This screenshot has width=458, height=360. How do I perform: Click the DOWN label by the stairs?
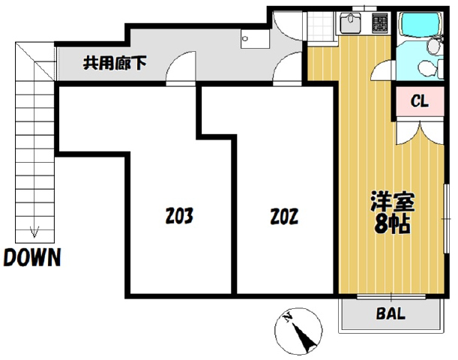point(32,257)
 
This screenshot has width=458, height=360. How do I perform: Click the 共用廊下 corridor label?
point(115,63)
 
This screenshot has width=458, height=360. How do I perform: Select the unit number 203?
point(179,216)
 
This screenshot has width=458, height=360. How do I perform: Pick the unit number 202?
point(284,217)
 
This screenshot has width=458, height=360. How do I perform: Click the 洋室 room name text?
point(393,201)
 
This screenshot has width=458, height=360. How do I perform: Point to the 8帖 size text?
point(392,224)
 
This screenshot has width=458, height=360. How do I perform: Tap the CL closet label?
point(420,101)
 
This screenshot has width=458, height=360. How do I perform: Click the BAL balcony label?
point(391,313)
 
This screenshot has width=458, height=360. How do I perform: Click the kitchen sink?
point(352,22)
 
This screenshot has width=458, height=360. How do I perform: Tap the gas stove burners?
point(380,22)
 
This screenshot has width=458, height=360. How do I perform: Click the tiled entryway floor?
point(320,27)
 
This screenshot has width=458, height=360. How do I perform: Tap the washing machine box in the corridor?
point(255,39)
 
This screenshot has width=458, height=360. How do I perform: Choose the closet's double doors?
point(420,133)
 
